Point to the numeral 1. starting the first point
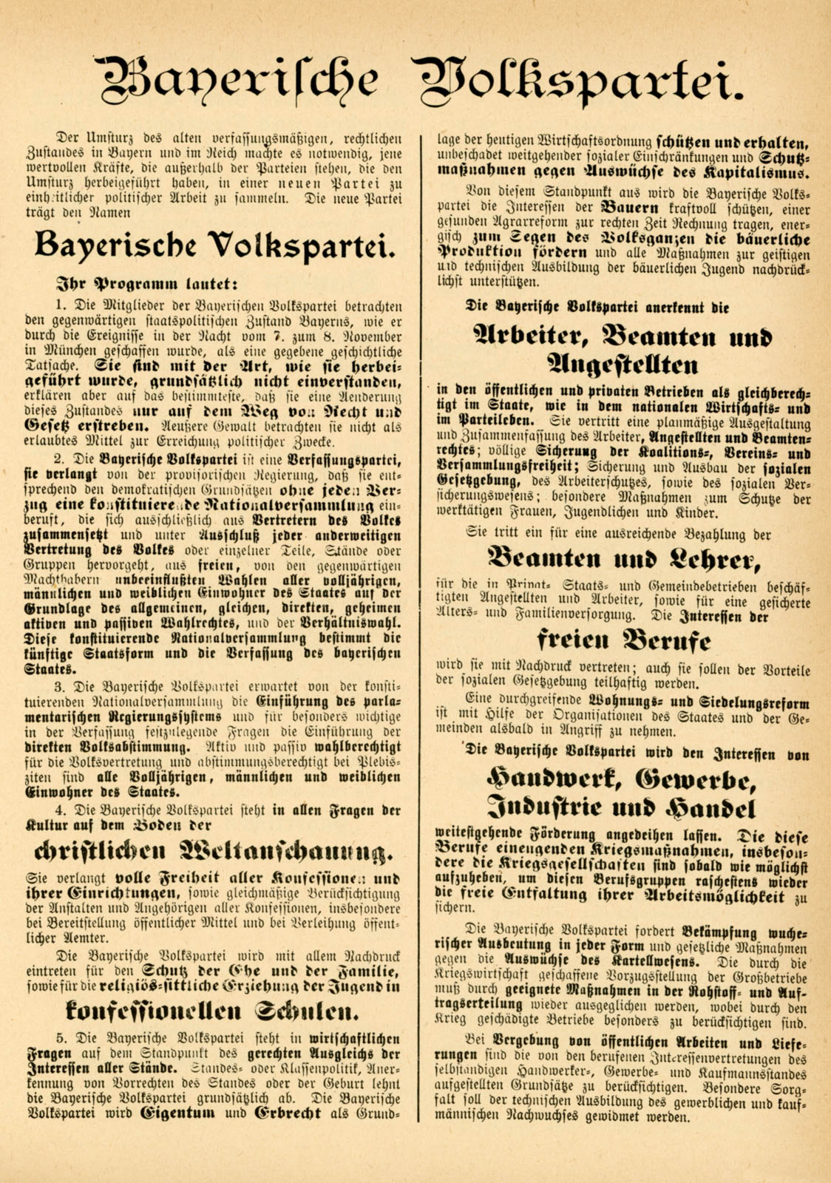(x=61, y=305)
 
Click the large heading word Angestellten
(x=623, y=366)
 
